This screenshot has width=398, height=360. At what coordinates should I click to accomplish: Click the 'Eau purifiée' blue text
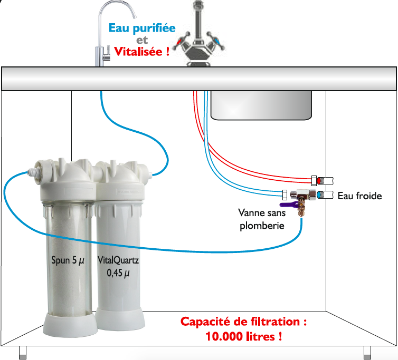pos(142,28)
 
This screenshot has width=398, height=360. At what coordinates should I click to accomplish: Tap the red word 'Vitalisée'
pos(138,52)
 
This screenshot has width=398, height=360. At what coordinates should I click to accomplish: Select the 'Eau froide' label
pos(359,196)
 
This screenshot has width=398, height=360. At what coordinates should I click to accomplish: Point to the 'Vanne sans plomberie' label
pos(262,219)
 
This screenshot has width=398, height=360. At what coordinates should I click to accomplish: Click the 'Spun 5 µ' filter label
pos(68,260)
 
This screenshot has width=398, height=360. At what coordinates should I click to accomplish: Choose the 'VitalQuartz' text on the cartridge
pos(118,260)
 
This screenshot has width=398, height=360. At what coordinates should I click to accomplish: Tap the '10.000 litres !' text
pos(243,336)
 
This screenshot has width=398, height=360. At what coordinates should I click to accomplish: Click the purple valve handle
pos(288,205)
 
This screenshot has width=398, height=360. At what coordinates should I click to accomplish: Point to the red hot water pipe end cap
pos(319,181)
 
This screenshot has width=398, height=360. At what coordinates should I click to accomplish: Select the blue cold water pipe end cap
pos(319,195)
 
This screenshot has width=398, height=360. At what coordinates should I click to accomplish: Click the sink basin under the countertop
pos(261,105)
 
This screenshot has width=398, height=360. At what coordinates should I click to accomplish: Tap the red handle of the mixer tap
pos(180,41)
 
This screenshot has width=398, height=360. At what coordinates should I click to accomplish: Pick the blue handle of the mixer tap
pos(216,41)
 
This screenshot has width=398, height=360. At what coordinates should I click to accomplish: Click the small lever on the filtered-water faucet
pos(108,54)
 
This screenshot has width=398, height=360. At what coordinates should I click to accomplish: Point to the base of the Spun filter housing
pos(70,325)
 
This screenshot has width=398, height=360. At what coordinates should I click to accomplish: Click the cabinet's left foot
pos(23,353)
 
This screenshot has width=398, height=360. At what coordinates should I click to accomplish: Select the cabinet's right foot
pos(367,353)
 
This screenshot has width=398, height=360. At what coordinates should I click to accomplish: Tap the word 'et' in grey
pos(142,40)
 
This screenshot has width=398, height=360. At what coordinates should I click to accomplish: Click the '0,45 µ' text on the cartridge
pos(118,273)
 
